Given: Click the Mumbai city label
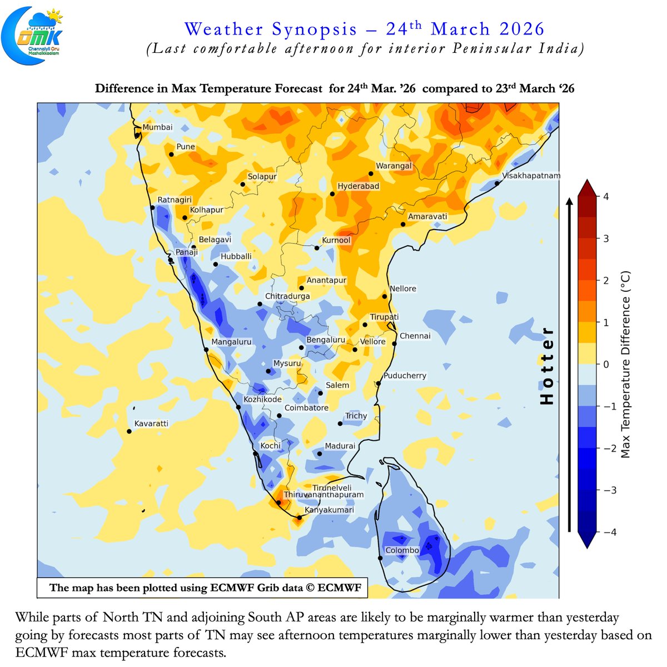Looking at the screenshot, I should (157, 127).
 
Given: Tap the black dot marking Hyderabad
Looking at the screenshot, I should (332, 194).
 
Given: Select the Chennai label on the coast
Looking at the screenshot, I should (415, 336).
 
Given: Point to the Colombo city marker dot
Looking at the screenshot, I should (381, 558).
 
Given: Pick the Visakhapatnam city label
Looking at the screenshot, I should (531, 176).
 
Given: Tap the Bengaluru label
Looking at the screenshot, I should (326, 340).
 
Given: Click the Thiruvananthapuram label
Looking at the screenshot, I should (323, 495).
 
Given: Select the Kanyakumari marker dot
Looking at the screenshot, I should (300, 517).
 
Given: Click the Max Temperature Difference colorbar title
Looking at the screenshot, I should (625, 364).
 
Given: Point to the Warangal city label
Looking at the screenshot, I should (394, 166).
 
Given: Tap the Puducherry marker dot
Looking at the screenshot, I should (378, 384).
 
